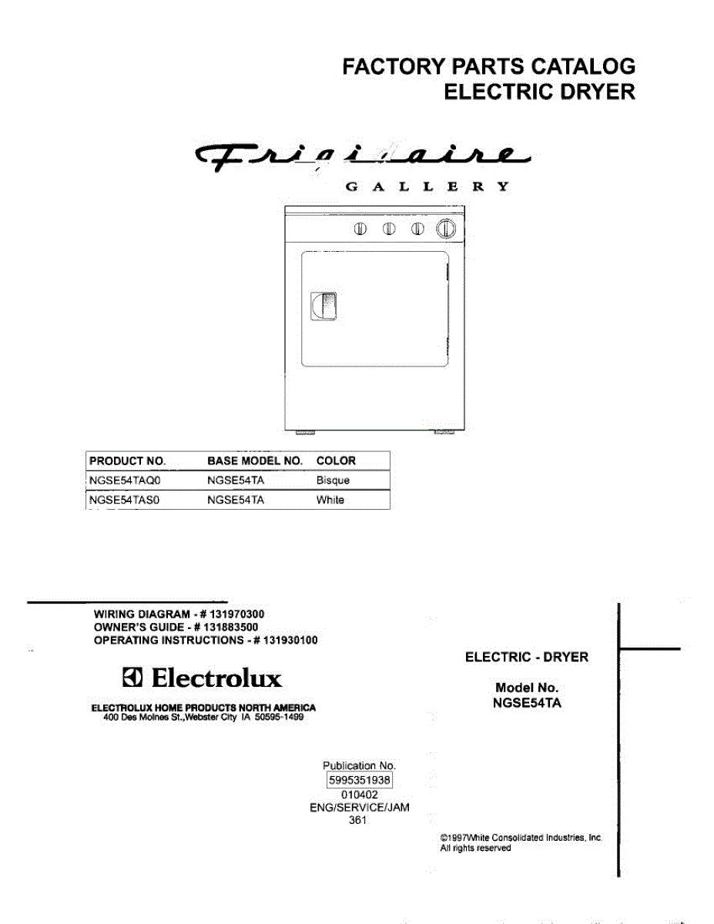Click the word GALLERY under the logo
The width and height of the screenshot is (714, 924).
[x=425, y=187]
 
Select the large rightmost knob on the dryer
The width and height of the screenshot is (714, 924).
[x=446, y=229]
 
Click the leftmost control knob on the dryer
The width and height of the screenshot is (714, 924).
[x=360, y=229]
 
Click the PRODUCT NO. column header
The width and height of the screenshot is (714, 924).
[x=128, y=461]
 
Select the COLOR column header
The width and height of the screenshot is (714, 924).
[x=336, y=461]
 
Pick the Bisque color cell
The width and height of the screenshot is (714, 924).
[x=333, y=480]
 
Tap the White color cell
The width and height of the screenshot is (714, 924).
[x=330, y=500]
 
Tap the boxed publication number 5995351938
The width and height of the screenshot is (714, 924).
[x=360, y=780]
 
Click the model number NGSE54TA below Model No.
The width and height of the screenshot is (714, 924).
[x=527, y=702]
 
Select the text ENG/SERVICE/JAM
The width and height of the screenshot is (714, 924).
[x=359, y=808]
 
